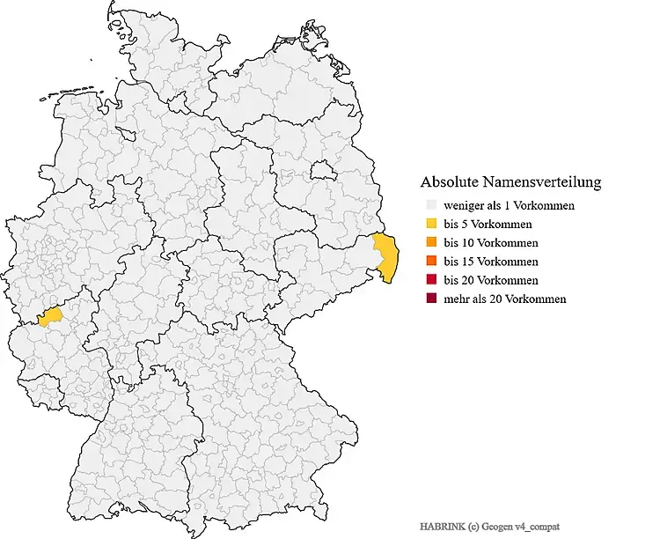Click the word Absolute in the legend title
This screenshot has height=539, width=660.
(x=450, y=183)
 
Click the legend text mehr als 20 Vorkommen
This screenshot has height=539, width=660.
(x=505, y=299)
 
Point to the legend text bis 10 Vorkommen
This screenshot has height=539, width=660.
(x=491, y=243)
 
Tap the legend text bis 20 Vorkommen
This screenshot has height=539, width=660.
(x=491, y=280)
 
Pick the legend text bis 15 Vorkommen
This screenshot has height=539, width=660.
(x=491, y=262)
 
